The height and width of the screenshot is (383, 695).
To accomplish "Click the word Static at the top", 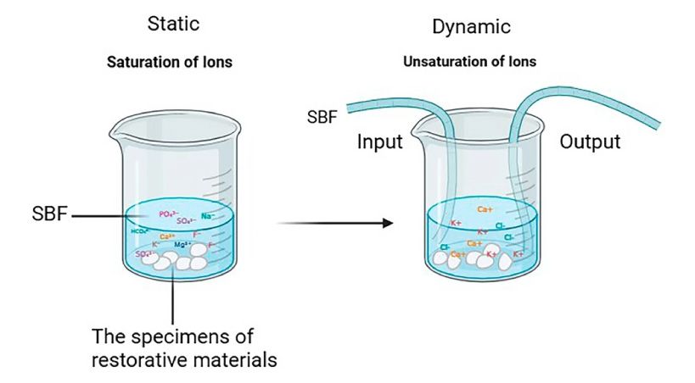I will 173,23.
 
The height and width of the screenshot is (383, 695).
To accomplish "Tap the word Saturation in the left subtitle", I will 141,62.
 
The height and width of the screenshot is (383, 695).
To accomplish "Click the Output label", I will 590,142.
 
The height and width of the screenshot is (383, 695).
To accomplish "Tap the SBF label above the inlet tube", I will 322,115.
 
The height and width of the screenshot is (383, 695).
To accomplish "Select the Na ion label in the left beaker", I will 208,218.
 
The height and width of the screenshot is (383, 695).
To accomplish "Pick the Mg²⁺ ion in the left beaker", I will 182,244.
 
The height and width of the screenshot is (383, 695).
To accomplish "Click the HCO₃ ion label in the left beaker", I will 139,230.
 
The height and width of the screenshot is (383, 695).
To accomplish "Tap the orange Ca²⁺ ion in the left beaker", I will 167,236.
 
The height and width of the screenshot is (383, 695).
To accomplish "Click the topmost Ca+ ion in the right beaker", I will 485,209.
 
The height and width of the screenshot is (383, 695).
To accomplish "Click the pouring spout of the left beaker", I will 111,133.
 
